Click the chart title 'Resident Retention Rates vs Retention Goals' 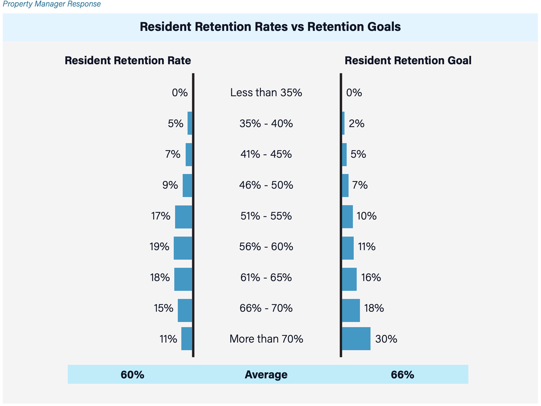tap(270, 27)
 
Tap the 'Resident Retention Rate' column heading tap(128, 60)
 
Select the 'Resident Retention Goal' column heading tap(408, 60)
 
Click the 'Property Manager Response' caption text tap(51, 4)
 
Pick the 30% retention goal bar tap(356, 339)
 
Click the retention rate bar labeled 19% tap(183, 248)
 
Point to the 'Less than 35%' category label tap(266, 93)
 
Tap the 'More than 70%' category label tap(266, 339)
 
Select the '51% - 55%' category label tap(266, 216)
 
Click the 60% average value tap(132, 375)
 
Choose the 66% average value tap(402, 375)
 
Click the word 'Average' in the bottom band tap(266, 375)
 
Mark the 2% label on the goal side tap(356, 124)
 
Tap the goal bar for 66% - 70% tap(351, 310)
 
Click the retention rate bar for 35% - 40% tap(190, 123)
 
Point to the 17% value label tap(161, 216)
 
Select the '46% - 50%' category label tap(266, 185)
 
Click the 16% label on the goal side tap(371, 278)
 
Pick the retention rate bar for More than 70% tap(186, 339)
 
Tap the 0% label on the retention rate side tap(180, 93)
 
